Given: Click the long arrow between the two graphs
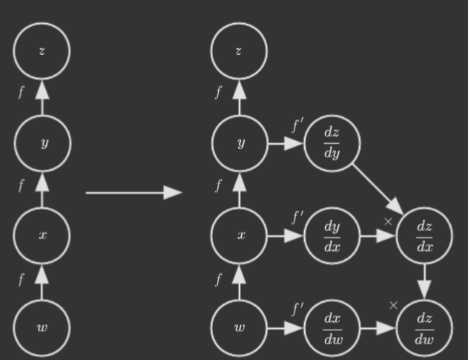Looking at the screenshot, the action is tap(134, 193).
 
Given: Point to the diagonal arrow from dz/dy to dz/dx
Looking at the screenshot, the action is tap(378, 189).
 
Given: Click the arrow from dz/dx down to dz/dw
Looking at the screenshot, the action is tap(424, 282).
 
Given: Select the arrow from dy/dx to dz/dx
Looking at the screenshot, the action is tap(378, 236).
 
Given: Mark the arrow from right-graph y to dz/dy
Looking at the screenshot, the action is tap(286, 143).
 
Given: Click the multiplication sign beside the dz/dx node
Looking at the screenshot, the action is tap(388, 222).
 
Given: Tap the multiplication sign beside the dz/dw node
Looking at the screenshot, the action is tap(393, 305).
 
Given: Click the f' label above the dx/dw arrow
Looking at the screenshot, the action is tap(297, 309).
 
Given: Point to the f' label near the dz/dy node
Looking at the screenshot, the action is tap(297, 125).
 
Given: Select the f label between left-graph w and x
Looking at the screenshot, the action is tap(21, 280).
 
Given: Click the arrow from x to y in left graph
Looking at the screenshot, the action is tap(42, 190).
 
